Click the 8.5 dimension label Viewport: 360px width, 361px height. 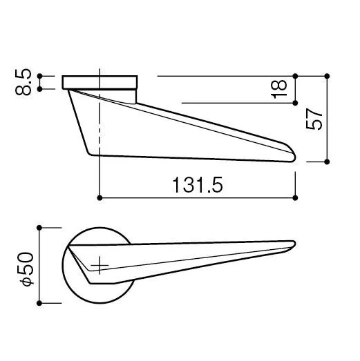(23, 82)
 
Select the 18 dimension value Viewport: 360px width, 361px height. (279, 89)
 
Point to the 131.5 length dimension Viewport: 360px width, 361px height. (198, 185)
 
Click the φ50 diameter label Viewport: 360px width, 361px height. (27, 269)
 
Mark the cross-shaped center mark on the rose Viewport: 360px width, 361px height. (100, 265)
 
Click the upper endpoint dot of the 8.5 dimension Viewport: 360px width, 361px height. (39, 76)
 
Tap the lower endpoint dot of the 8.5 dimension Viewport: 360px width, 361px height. (39, 89)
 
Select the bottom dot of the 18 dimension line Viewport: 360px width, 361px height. (295, 103)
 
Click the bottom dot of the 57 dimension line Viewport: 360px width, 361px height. (327, 162)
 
